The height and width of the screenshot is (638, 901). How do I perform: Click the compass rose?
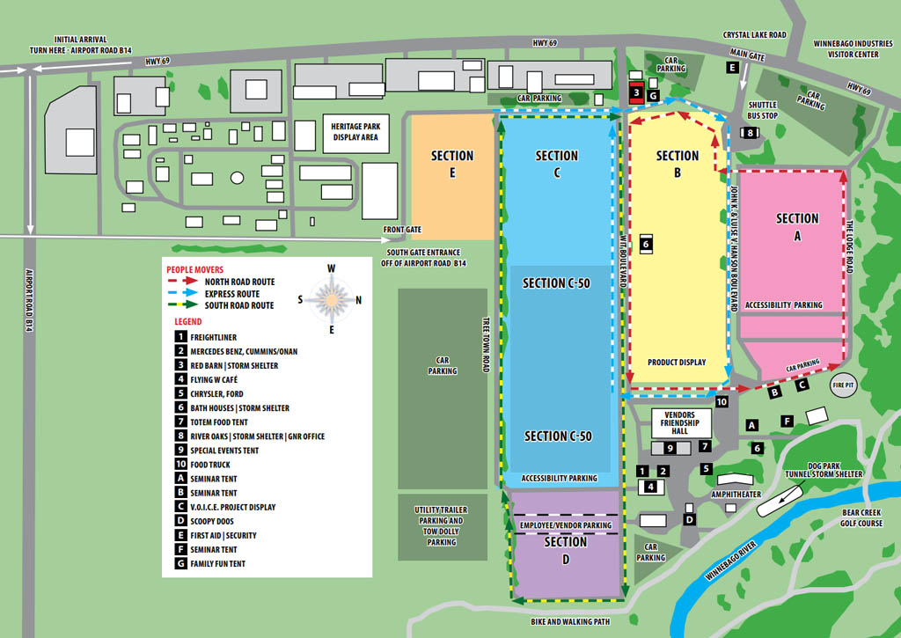coord(332,299)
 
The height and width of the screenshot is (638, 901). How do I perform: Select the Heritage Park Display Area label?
coord(355,132)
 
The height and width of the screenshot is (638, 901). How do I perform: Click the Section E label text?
coord(452,164)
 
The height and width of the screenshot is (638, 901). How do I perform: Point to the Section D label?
coord(565,550)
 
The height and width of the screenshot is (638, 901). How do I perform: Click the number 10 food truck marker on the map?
coord(722,401)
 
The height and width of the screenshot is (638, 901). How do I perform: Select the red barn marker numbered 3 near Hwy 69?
coord(635,92)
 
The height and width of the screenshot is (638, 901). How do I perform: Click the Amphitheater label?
coord(736,495)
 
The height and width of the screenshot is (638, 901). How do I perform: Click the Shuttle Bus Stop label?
coord(762,110)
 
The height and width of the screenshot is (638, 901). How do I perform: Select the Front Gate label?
coord(402,230)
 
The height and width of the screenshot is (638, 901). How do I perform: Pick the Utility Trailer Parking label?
coord(442,525)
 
